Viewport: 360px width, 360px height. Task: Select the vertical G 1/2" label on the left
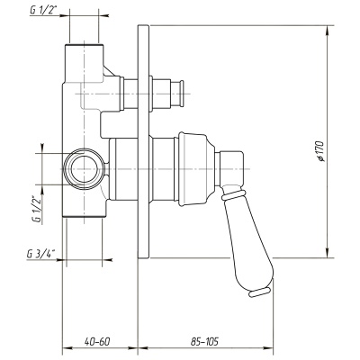[x=37, y=209]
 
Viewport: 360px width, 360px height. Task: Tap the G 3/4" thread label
[x=41, y=254]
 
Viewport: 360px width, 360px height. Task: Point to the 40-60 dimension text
[x=97, y=341]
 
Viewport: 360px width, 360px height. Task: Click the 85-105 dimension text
[x=204, y=341]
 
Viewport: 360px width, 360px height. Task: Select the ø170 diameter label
[x=320, y=151]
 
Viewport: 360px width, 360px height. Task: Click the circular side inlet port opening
[x=85, y=169]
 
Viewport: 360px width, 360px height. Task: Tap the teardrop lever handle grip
[x=248, y=237]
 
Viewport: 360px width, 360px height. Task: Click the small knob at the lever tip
[x=260, y=292]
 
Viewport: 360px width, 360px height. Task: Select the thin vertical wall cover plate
[x=143, y=141]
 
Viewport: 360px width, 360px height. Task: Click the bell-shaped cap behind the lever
[x=196, y=169]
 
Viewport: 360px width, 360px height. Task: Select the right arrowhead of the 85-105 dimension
[x=267, y=348]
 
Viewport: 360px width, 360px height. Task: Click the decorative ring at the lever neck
[x=231, y=194]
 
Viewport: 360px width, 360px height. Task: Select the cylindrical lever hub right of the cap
[x=231, y=169]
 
